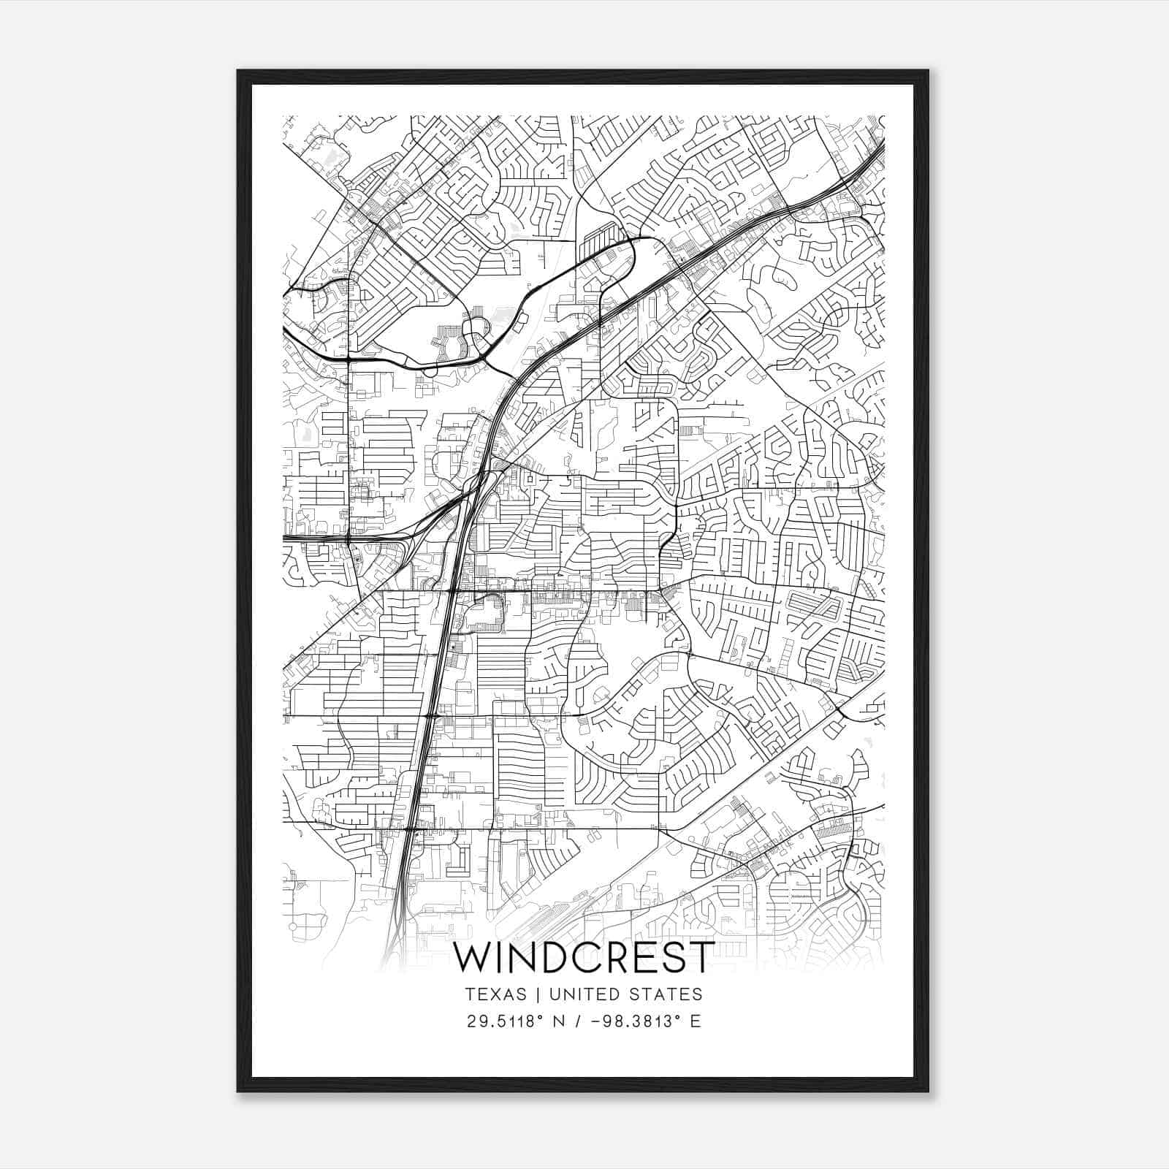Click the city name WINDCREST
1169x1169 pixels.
pyautogui.click(x=583, y=958)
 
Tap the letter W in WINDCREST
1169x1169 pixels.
pyautogui.click(x=472, y=958)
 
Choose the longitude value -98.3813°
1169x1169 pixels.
pyautogui.click(x=635, y=1021)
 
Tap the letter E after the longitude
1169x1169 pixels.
pyautogui.click(x=695, y=1021)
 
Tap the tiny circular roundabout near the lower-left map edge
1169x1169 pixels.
pyautogui.click(x=293, y=926)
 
